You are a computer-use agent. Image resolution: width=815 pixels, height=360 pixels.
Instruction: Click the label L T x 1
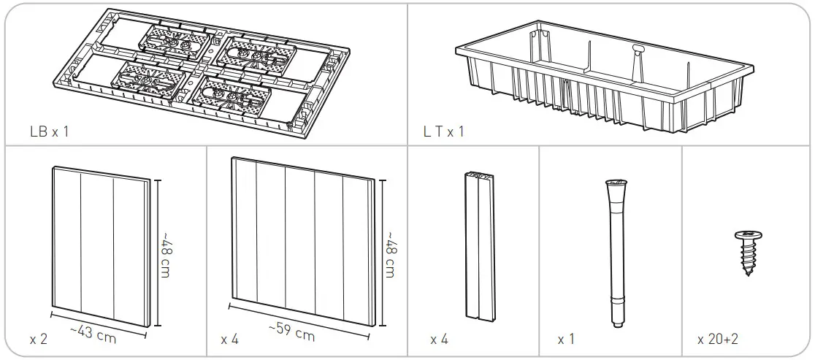(443, 132)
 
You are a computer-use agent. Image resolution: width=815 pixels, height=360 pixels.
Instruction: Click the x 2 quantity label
(38, 340)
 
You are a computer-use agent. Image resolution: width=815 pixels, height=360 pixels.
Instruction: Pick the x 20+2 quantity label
(718, 340)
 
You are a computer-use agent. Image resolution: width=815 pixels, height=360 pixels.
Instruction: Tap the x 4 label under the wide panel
(229, 340)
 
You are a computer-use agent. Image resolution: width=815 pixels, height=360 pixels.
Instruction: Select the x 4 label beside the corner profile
(439, 340)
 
